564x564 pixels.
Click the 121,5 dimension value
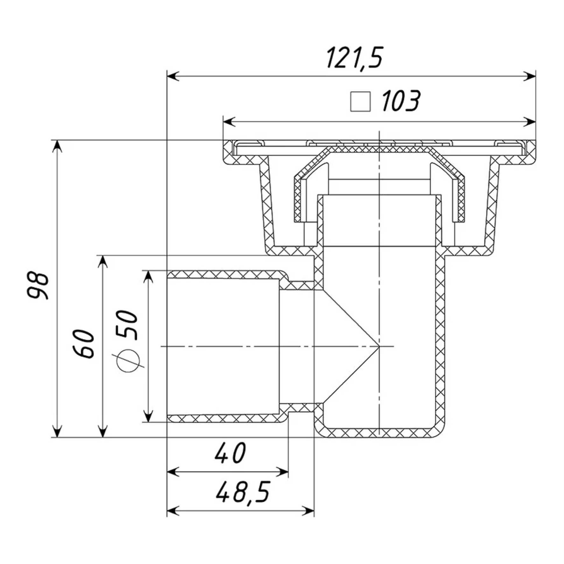(x=355, y=58)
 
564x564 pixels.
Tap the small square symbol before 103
(x=360, y=102)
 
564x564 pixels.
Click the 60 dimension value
(x=84, y=344)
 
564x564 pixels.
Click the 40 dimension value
(x=230, y=453)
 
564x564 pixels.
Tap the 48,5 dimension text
(x=243, y=492)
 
